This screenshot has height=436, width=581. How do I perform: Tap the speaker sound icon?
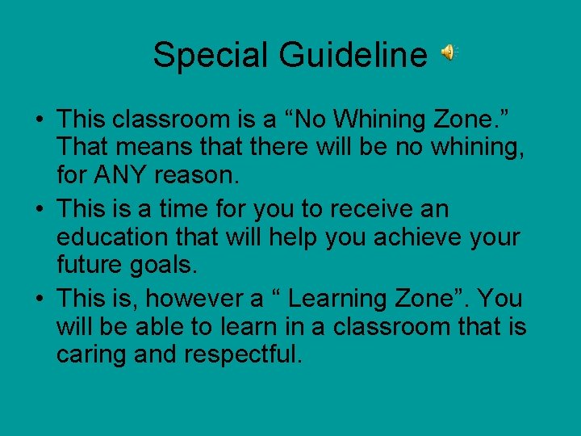[448, 53]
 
